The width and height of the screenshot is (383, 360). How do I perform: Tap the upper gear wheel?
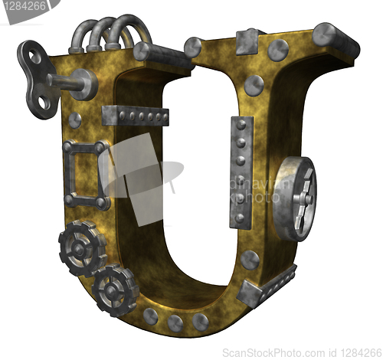pyautogui.click(x=82, y=248)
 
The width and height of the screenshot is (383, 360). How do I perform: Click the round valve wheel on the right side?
pyautogui.click(x=295, y=198)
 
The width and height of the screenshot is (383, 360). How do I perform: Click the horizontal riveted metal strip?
pyautogui.click(x=136, y=116)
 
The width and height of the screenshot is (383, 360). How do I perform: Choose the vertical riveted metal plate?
pyautogui.click(x=241, y=172)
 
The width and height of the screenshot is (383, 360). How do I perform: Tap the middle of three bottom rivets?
pyautogui.click(x=175, y=323)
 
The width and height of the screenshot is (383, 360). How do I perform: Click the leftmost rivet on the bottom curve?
pyautogui.click(x=150, y=316)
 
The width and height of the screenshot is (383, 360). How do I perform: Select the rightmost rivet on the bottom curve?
pyautogui.click(x=201, y=322)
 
